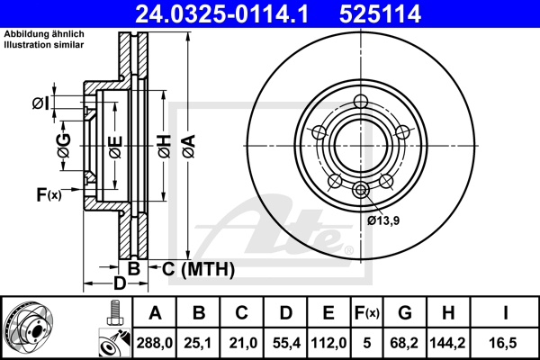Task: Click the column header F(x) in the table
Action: [367, 313]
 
